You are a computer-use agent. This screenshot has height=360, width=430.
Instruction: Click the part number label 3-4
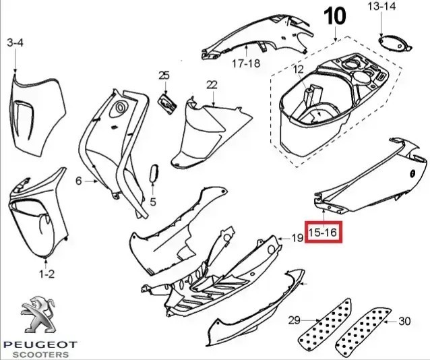15,43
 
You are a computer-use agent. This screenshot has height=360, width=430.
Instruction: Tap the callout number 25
164,75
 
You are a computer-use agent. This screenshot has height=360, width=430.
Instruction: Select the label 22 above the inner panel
212,84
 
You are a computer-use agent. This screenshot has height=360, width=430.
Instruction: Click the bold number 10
337,17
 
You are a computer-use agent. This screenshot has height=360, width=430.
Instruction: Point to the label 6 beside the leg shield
78,181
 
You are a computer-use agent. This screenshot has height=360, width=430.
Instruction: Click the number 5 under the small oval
152,202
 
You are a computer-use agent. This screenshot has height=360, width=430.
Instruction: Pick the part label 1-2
47,274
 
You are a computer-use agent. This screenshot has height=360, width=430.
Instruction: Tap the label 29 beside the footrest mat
294,320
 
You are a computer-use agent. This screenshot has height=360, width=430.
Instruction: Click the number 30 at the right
404,320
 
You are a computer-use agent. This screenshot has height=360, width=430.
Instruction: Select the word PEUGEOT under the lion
40,345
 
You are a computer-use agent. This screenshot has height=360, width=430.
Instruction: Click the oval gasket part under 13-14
394,41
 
